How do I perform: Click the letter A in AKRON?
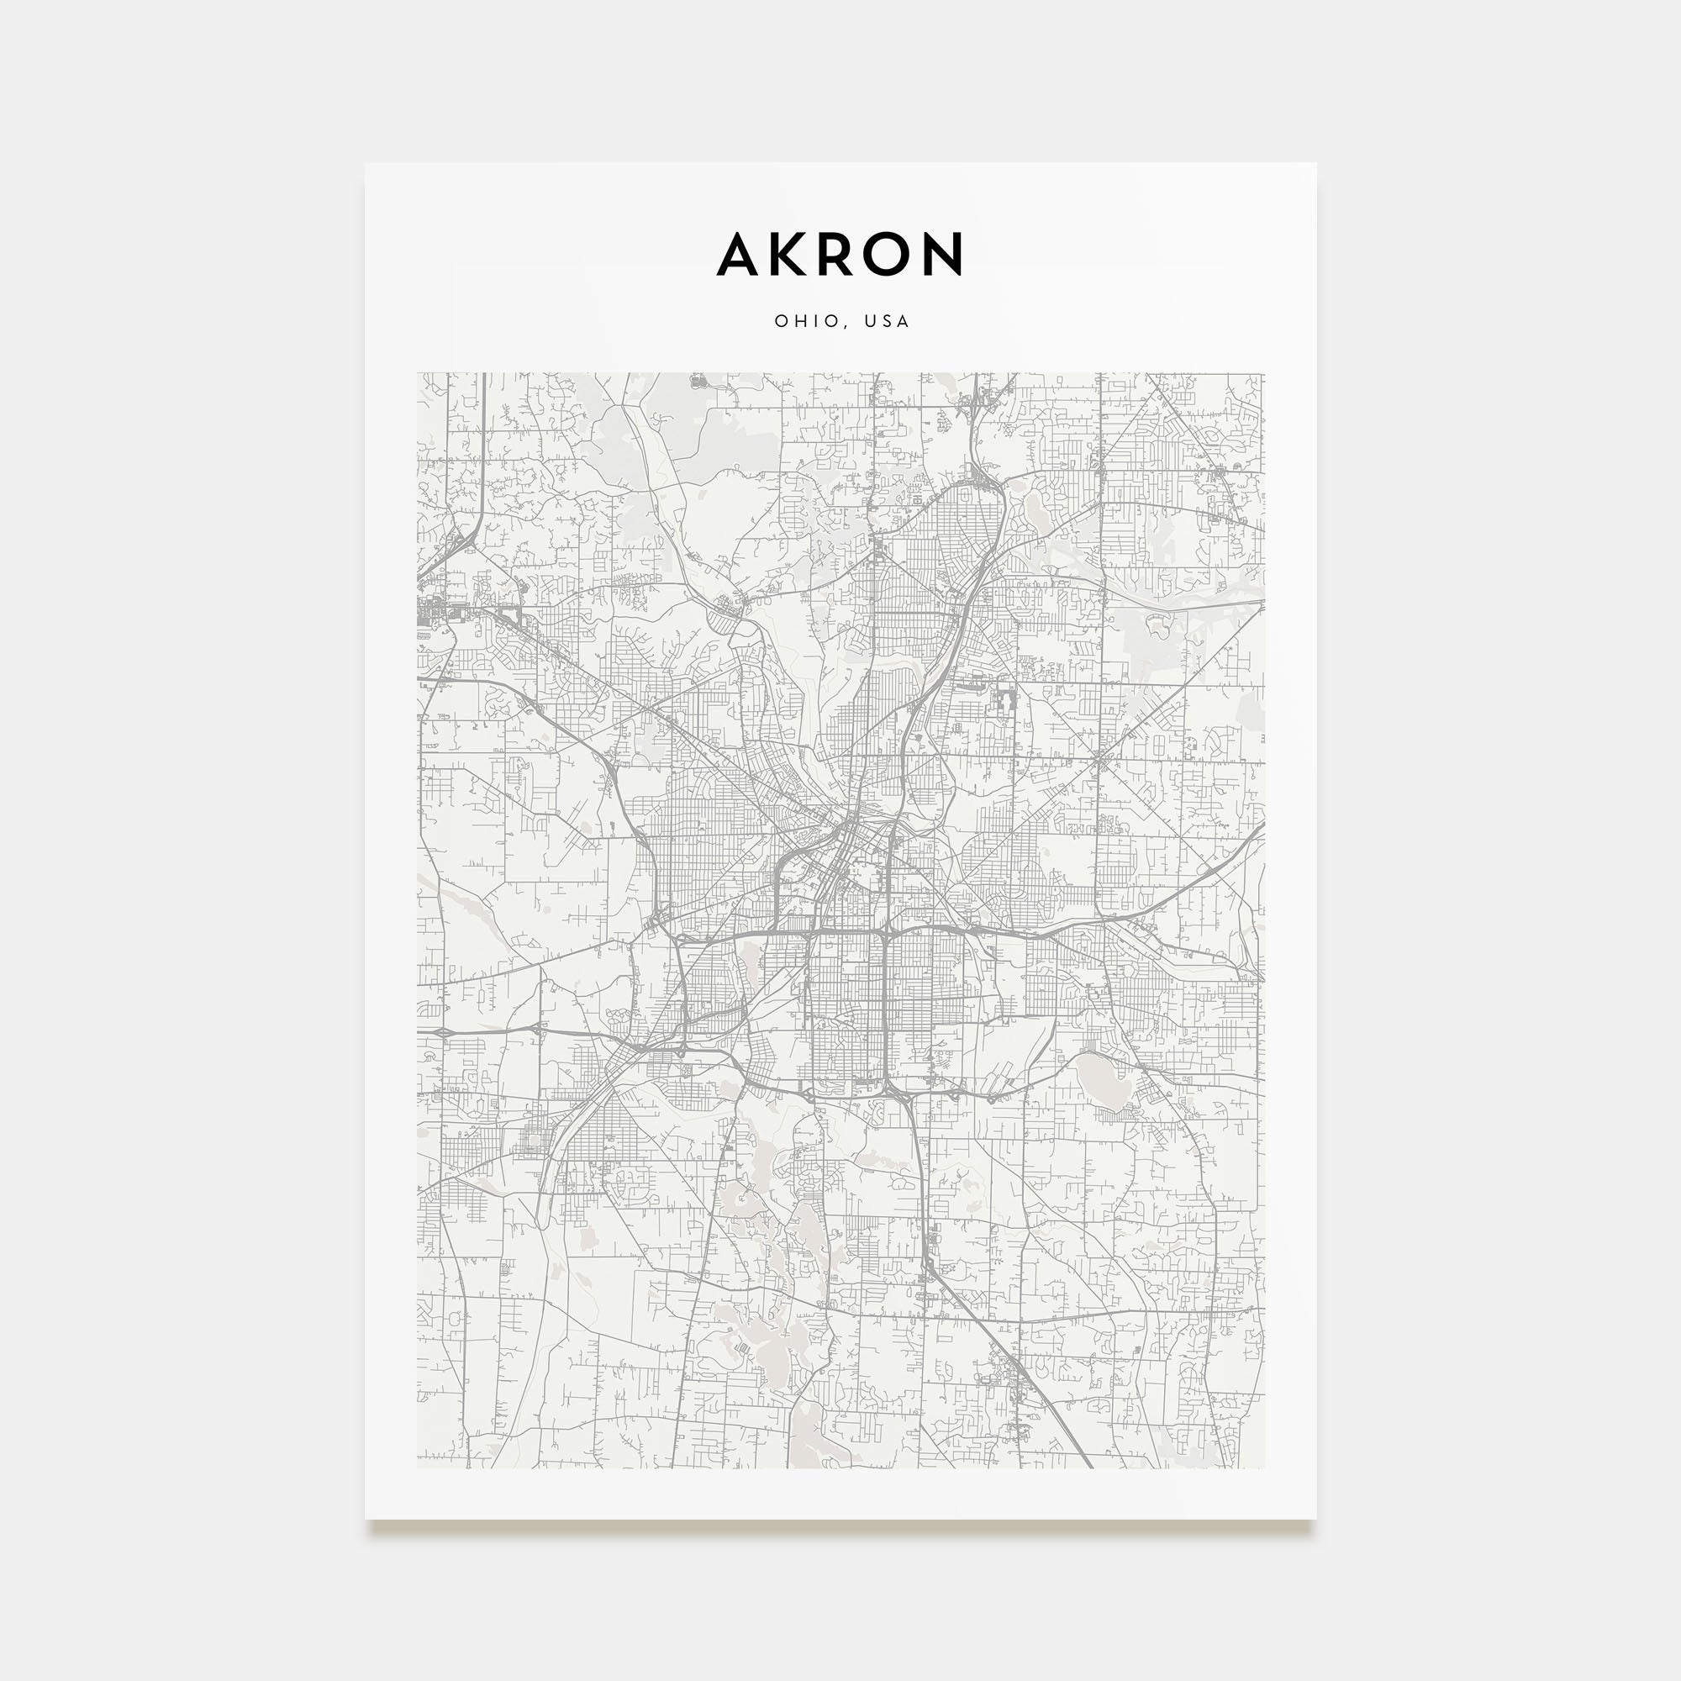tap(740, 254)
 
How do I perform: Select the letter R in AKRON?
tap(838, 254)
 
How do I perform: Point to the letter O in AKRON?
tap(889, 254)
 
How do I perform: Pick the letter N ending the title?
tap(943, 254)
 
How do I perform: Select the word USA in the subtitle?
tap(887, 321)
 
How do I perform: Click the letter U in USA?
tap(871, 321)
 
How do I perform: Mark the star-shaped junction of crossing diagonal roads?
tap(1101, 763)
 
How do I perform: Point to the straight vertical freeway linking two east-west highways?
tap(884, 1009)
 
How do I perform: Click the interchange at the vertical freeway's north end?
tap(884, 934)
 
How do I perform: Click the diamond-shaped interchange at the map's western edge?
tap(441, 1031)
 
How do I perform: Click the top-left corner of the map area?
tap(418, 374)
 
